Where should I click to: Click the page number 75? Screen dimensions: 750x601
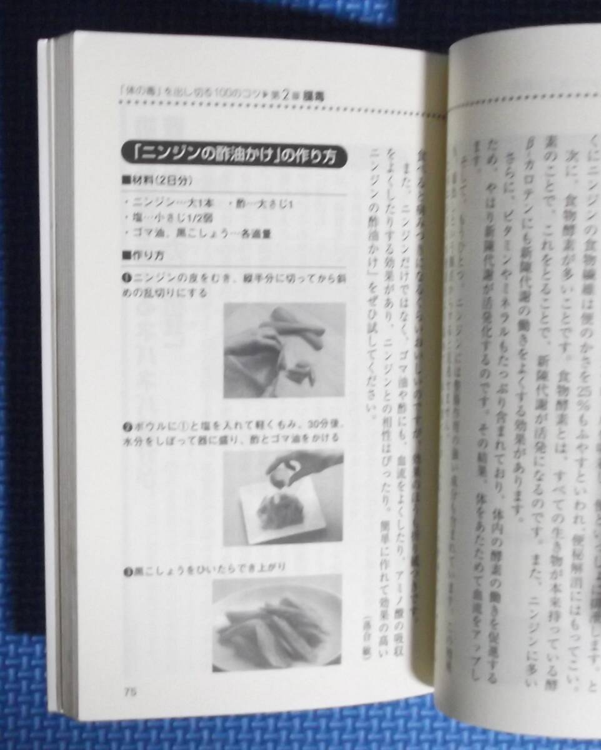130,691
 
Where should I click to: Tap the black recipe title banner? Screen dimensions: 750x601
232,154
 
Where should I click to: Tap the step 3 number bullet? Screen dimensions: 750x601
126,571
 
